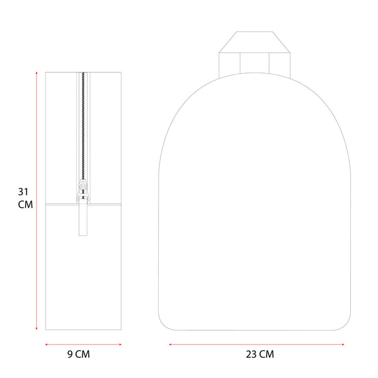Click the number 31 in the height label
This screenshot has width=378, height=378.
pyautogui.click(x=23, y=192)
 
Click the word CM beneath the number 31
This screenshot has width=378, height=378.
pyautogui.click(x=25, y=205)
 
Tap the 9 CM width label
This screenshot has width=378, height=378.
pyautogui.click(x=79, y=354)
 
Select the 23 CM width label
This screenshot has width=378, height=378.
pyautogui.click(x=260, y=354)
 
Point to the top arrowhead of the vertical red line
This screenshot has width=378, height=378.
pyautogui.click(x=37, y=73)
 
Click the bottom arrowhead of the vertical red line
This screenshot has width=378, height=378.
pyautogui.click(x=37, y=328)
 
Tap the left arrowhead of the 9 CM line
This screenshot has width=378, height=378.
pyautogui.click(x=47, y=345)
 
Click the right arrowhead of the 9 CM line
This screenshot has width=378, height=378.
pyautogui.click(x=120, y=345)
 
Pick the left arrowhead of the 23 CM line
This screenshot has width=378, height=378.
pyautogui.click(x=171, y=345)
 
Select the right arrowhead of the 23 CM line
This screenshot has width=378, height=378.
pyautogui.click(x=343, y=345)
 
